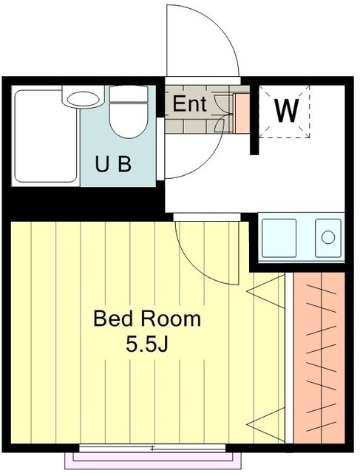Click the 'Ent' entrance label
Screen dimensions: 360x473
[189, 103]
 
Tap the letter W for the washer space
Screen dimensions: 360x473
[286, 110]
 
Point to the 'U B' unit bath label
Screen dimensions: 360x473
[113, 164]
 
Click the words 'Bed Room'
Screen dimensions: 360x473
[147, 319]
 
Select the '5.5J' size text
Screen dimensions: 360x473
[146, 344]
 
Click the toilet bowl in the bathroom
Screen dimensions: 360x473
[129, 120]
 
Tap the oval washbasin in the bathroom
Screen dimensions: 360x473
[84, 98]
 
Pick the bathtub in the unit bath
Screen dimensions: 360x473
[46, 136]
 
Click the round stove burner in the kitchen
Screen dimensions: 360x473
[328, 237]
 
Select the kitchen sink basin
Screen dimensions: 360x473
[279, 238]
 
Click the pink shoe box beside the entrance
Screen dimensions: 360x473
[242, 113]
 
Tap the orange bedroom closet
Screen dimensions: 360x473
[319, 358]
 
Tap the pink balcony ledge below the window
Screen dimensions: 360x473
[153, 460]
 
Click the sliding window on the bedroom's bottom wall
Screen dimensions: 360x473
[153, 448]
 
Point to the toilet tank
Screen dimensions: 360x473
[129, 94]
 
